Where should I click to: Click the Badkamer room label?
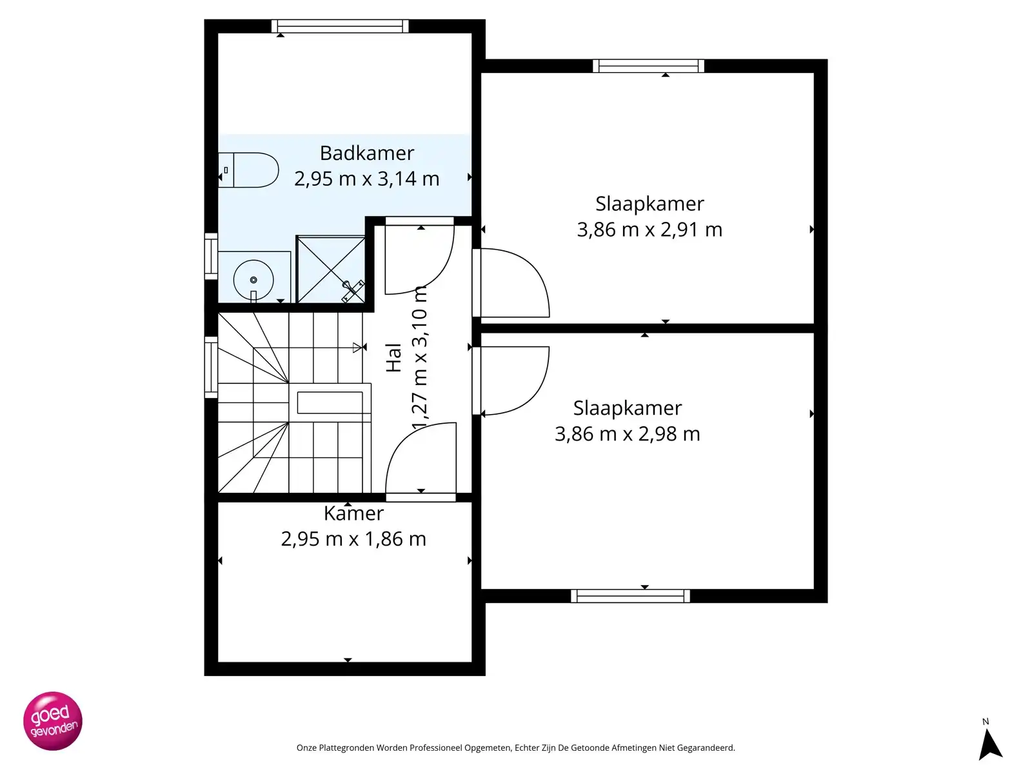[x=366, y=154]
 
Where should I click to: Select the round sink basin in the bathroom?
[x=253, y=280]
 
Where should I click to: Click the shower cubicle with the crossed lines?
[x=330, y=270]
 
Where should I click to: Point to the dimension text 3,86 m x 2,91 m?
[x=649, y=230]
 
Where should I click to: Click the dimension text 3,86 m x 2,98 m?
[x=627, y=434]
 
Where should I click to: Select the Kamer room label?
[x=353, y=513]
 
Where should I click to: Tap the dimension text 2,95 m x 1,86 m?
[x=353, y=539]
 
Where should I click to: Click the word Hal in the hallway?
[x=393, y=357]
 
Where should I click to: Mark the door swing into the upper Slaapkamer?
[x=513, y=284]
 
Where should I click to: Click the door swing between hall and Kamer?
[x=421, y=459]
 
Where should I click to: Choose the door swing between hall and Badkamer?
[x=419, y=258]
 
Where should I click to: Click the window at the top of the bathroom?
[x=340, y=26]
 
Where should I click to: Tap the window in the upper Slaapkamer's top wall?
[x=648, y=66]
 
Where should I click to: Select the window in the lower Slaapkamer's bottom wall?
[x=630, y=596]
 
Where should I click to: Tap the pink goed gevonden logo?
[x=53, y=721]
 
